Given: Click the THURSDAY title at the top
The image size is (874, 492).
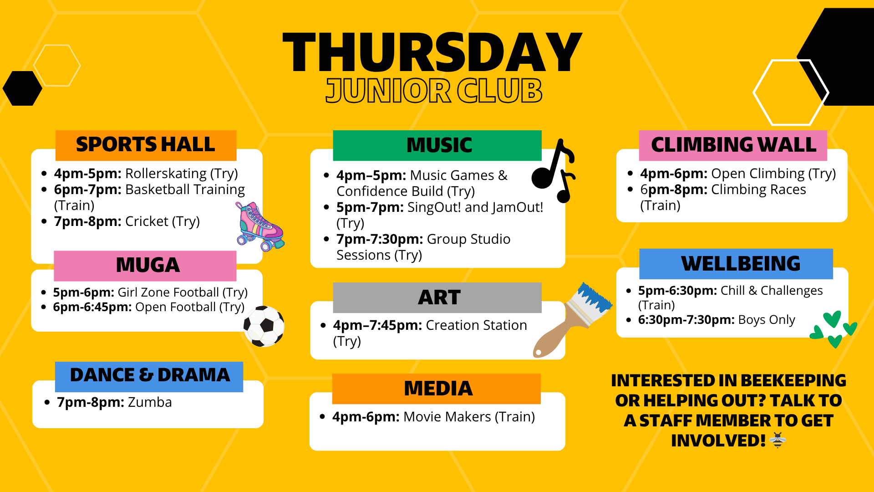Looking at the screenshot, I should (432, 53).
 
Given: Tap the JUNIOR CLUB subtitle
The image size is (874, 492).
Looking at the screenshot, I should (434, 91).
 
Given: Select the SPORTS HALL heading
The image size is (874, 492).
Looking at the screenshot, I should (146, 145).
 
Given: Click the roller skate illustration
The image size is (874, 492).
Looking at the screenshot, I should (259, 226).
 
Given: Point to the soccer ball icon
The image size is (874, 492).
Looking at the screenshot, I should (264, 326).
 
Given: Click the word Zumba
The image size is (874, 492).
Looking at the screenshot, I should (150, 403).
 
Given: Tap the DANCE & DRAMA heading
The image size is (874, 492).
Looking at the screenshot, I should (149, 375).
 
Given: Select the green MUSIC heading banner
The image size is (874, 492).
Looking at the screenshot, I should (437, 145).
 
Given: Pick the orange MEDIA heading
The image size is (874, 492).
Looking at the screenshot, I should (437, 389).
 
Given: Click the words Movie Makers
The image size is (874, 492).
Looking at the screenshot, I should (447, 417).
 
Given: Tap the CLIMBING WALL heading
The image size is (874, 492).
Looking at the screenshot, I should (733, 145).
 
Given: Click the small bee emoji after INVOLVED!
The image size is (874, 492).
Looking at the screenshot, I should (777, 441).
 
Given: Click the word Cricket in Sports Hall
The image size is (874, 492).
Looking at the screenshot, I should (147, 221).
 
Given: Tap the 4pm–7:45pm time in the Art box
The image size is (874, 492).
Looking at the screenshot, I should (377, 325).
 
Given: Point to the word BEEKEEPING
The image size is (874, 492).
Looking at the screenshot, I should (793, 380).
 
